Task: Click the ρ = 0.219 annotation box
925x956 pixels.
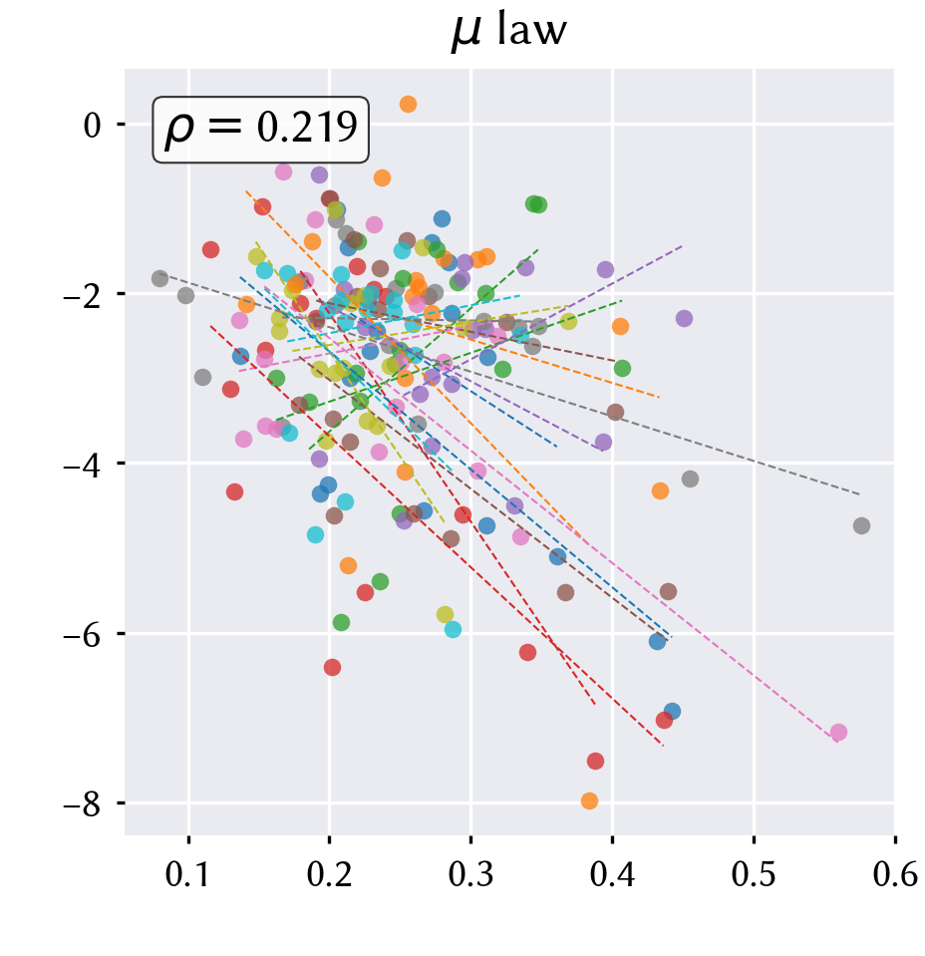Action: (x=260, y=130)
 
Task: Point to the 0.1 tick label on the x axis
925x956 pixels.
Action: (x=187, y=874)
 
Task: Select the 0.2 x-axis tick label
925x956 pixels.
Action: (x=329, y=874)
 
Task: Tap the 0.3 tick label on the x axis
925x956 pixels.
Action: (x=470, y=874)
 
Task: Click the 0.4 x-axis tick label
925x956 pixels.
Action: (x=612, y=874)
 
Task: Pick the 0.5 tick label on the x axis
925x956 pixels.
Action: (x=754, y=874)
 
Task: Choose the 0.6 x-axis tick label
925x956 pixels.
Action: (x=895, y=874)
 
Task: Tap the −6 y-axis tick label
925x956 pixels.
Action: (x=83, y=634)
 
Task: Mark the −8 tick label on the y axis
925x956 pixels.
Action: (x=83, y=803)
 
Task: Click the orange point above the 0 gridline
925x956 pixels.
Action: (x=408, y=105)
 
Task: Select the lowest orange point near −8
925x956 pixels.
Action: (x=589, y=800)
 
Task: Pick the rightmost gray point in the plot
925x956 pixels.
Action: (x=861, y=525)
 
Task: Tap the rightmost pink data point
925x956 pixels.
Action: (x=838, y=733)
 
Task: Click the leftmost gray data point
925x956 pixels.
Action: (x=159, y=279)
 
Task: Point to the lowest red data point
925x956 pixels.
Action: (x=595, y=761)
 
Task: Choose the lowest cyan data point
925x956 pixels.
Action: (x=453, y=630)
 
